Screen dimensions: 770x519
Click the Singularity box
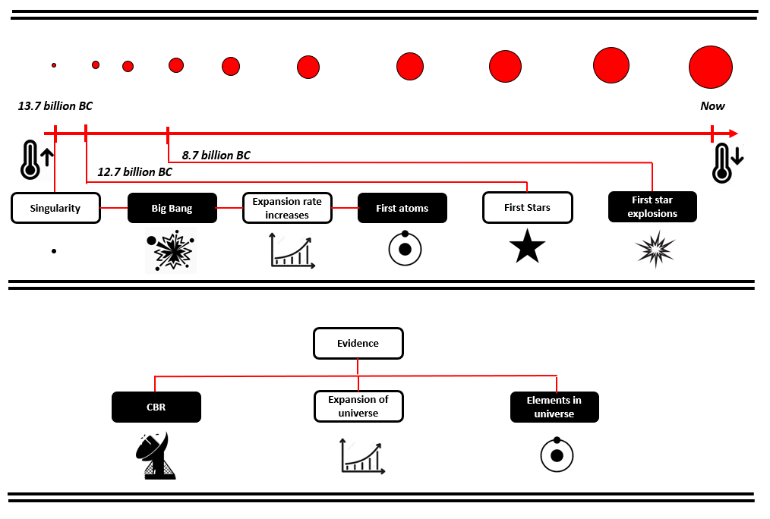pos(55,208)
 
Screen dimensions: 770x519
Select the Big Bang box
pos(172,208)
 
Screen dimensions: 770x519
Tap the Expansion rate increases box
pos(287,208)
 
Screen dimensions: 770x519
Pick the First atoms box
pos(402,208)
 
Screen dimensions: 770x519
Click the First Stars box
pos(528,207)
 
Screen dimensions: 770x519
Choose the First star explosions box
pos(652,206)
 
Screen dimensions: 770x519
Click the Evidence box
pos(358,344)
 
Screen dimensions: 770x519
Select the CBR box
pos(156,407)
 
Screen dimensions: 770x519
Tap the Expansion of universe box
pos(358,406)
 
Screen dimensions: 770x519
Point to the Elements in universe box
pos(554,407)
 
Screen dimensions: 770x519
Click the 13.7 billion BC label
pos(55,106)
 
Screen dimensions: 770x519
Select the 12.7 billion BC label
pos(134,171)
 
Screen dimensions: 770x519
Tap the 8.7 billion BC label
pos(216,155)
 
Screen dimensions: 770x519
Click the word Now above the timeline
pos(712,106)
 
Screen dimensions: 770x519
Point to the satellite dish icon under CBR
pos(156,455)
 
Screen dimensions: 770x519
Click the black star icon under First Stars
pos(528,247)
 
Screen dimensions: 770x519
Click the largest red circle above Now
pos(711,68)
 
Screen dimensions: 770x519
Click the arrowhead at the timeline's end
pos(734,134)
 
